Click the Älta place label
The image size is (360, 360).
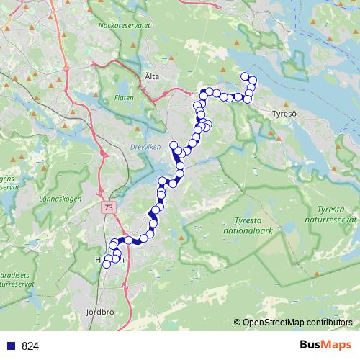coord(151,76)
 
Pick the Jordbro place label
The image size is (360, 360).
coord(99,313)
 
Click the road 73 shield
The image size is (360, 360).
coord(107,207)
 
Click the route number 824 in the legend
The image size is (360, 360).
coord(30,346)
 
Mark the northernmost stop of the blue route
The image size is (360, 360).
coord(245,77)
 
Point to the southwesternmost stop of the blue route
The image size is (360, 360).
coord(107,264)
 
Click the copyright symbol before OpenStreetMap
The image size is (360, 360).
coord(238,323)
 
